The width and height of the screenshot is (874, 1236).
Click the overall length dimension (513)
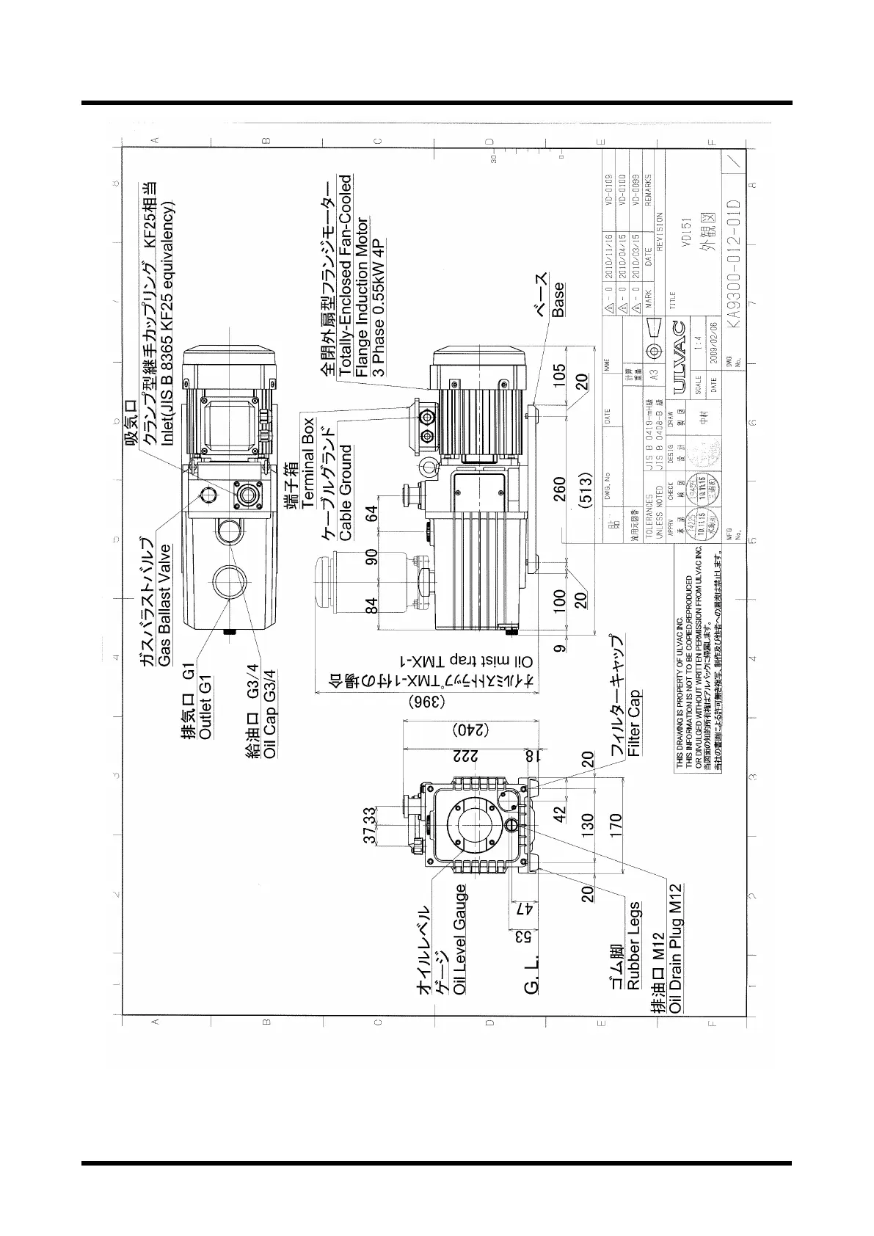[586, 490]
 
